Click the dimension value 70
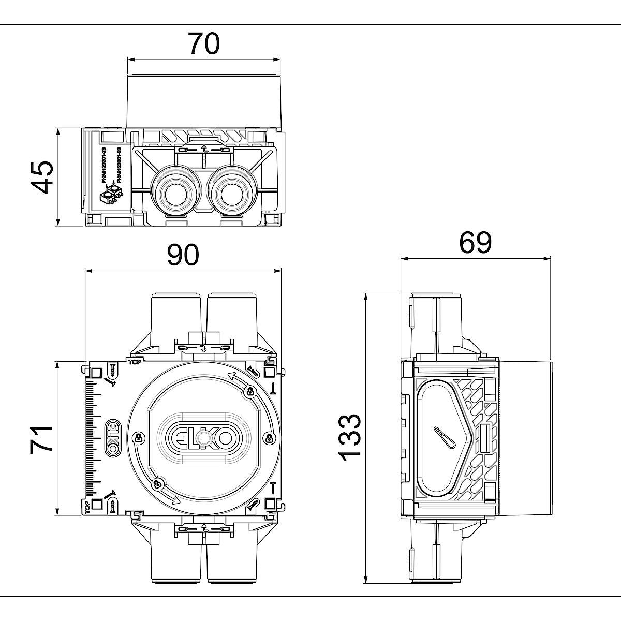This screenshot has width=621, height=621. pyautogui.click(x=203, y=44)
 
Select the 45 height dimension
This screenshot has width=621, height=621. pyautogui.click(x=42, y=176)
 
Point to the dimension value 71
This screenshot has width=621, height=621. pyautogui.click(x=42, y=439)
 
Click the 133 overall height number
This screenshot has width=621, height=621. pyautogui.click(x=350, y=437)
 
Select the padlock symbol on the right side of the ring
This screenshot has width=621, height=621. pyautogui.click(x=268, y=438)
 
